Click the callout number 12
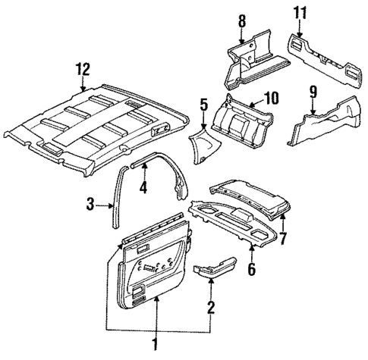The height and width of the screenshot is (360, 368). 81,72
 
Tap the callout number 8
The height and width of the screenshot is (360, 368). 242,22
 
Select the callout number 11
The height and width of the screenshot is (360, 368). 299,12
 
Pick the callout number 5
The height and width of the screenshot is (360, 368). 203,104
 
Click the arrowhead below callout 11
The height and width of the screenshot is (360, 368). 300,35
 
